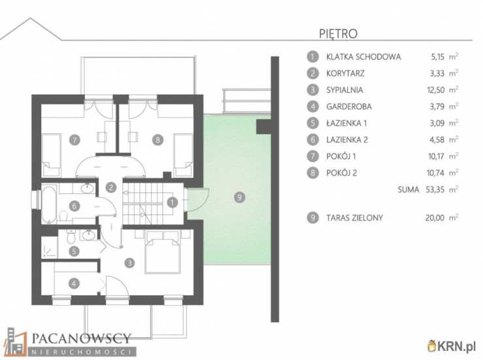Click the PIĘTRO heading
click(x=338, y=33)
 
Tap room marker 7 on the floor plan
click(x=74, y=140)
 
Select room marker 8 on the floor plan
click(x=158, y=140)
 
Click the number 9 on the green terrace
click(x=240, y=197)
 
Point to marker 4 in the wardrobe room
click(x=74, y=284)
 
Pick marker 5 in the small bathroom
click(x=74, y=251)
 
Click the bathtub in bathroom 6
click(x=49, y=204)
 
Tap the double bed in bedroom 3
click(x=163, y=252)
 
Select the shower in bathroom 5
click(x=50, y=247)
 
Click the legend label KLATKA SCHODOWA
click(x=364, y=57)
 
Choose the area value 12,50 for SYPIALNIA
click(x=435, y=90)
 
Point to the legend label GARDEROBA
click(x=349, y=106)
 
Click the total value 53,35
click(x=435, y=189)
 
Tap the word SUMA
click(x=408, y=189)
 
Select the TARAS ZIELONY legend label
click(x=354, y=218)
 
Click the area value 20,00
click(x=435, y=218)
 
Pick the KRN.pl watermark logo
click(x=451, y=346)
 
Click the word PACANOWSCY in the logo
click(x=82, y=338)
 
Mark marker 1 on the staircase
click(x=172, y=203)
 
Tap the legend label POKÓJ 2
click(x=341, y=173)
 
